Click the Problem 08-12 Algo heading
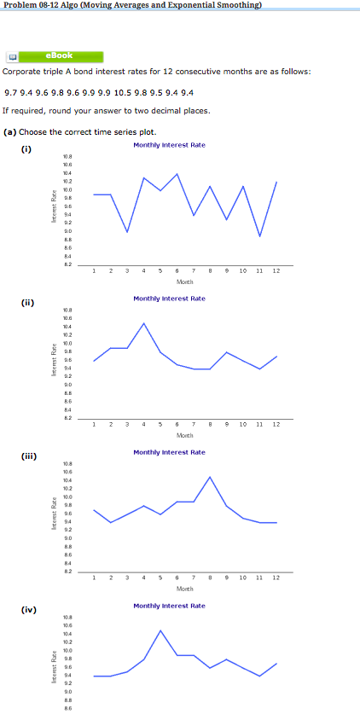tap(131, 6)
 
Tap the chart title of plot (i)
tap(169, 145)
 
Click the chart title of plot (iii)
tap(169, 452)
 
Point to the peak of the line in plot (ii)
tap(144, 323)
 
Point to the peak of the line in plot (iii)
tap(210, 477)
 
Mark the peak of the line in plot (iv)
tap(160, 630)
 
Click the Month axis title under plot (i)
tap(184, 281)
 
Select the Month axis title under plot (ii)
tap(184, 435)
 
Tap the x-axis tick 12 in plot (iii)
tap(276, 577)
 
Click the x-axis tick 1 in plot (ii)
tap(94, 424)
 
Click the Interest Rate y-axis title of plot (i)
tap(54, 211)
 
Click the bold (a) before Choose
tap(10, 131)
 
